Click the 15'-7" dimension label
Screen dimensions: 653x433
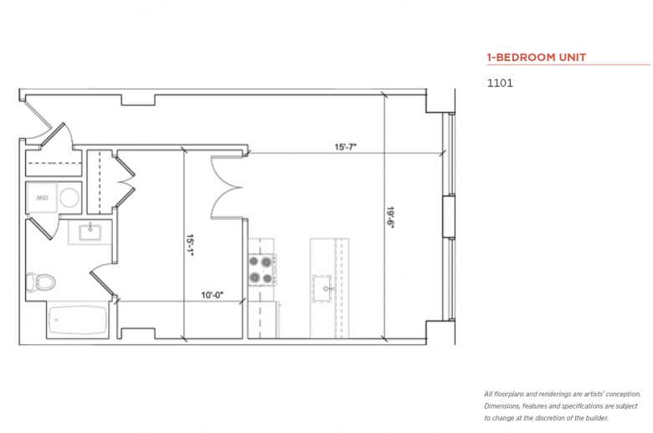[x=346, y=147]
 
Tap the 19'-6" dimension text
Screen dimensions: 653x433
[x=390, y=218]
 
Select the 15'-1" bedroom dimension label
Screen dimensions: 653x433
[x=190, y=245]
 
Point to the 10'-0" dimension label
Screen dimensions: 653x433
[x=213, y=295]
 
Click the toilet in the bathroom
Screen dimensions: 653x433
[x=40, y=281]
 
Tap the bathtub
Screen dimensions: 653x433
[x=78, y=320]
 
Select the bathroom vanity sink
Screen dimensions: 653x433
[x=90, y=233]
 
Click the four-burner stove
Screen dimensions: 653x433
[x=261, y=270]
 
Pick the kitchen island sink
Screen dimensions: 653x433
[x=322, y=287]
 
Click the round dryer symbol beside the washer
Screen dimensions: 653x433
[x=69, y=198]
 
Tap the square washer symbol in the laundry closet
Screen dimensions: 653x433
[x=42, y=198]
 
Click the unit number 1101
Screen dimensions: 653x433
[x=500, y=83]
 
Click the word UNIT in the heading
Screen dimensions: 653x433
[x=572, y=58]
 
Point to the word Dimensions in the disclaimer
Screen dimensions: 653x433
[x=501, y=406]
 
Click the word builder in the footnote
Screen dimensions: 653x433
[x=596, y=418]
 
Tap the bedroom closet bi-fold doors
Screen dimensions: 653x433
[x=124, y=182]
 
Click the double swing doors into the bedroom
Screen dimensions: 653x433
[x=226, y=187]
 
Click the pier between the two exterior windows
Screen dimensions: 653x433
[x=449, y=216]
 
